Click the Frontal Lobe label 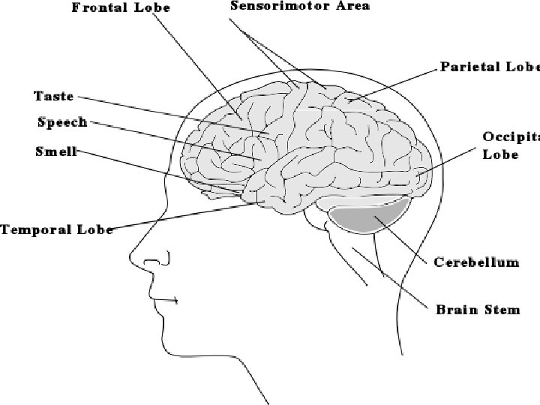(x=121, y=9)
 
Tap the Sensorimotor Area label (x=300, y=6)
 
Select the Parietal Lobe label (x=489, y=66)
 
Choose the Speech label (x=62, y=122)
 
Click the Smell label (x=56, y=151)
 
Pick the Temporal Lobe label (x=57, y=229)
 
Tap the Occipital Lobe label (x=510, y=145)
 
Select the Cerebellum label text (x=477, y=262)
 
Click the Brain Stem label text (x=478, y=309)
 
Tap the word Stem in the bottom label (x=502, y=309)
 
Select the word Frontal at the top (x=97, y=9)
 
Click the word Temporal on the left (x=37, y=229)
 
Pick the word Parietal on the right (x=469, y=66)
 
